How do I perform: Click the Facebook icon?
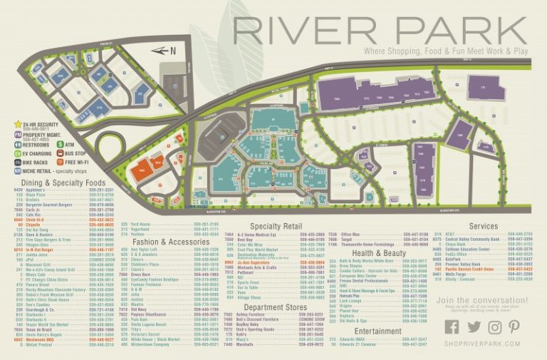tap(452, 326)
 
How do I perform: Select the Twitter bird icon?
tap(474, 326)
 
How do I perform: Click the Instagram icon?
tap(494, 326)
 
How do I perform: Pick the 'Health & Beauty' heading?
tap(378, 253)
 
